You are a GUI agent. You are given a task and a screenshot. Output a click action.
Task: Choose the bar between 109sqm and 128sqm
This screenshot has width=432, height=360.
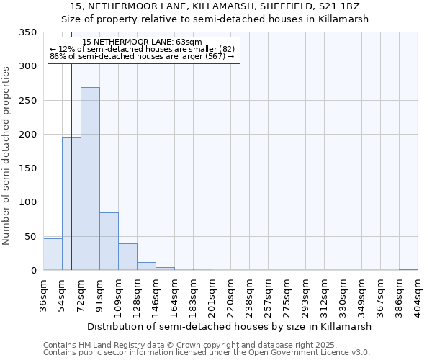point(127,257)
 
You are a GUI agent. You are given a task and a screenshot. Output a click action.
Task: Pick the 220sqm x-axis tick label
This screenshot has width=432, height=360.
point(231,294)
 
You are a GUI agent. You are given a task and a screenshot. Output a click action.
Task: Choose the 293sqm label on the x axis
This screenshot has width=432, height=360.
point(306,294)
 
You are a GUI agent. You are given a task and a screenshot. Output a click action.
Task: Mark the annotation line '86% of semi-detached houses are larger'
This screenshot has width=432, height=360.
point(142,56)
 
